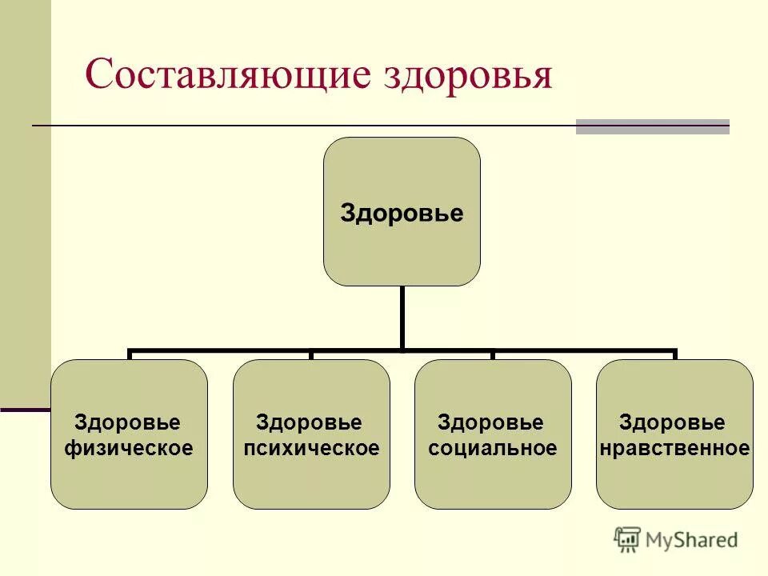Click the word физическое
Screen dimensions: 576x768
click(129, 448)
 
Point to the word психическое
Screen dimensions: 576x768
click(311, 448)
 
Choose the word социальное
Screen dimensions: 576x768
click(493, 448)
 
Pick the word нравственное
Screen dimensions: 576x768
click(674, 448)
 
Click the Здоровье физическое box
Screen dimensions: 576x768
click(129, 480)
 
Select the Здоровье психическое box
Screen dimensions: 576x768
click(311, 480)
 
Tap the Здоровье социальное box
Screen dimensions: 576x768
click(493, 480)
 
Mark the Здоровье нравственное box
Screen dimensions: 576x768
click(674, 480)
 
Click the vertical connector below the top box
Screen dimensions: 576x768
click(402, 317)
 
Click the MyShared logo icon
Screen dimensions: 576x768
click(628, 539)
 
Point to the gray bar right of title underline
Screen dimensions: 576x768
click(653, 126)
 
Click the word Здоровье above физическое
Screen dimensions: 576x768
click(128, 422)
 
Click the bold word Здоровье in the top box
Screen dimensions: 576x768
click(402, 214)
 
